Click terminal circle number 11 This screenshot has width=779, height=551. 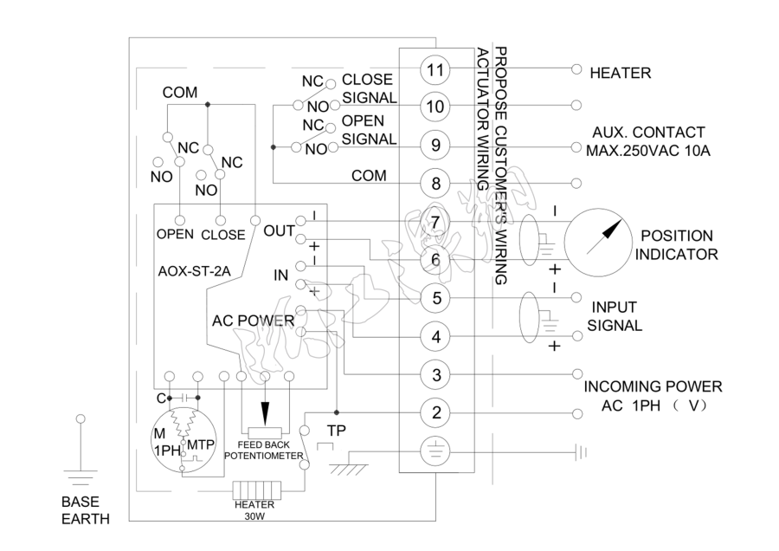[x=436, y=69]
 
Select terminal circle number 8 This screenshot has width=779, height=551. [x=436, y=184]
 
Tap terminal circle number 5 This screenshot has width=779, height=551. [x=436, y=298]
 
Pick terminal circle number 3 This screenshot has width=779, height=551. [x=436, y=374]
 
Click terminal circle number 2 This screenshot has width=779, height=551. [x=436, y=412]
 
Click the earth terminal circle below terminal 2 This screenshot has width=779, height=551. [x=436, y=451]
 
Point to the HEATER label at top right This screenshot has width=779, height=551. [x=620, y=74]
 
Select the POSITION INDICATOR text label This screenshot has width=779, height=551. [x=676, y=244]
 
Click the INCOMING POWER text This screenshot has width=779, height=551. [x=653, y=386]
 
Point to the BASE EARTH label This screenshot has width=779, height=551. [x=85, y=510]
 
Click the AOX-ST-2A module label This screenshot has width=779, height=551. [x=194, y=270]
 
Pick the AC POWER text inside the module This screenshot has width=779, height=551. [x=254, y=321]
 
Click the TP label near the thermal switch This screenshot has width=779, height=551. [x=335, y=431]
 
